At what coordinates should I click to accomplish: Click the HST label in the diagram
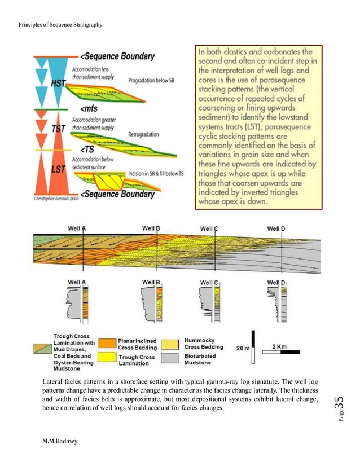[x=59, y=82]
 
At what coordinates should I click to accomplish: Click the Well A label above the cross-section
[x=77, y=228]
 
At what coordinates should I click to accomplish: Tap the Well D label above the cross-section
[x=276, y=228]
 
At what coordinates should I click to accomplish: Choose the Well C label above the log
[x=208, y=282]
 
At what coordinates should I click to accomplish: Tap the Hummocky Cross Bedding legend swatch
[x=172, y=342]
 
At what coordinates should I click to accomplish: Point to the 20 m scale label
[x=243, y=348]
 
